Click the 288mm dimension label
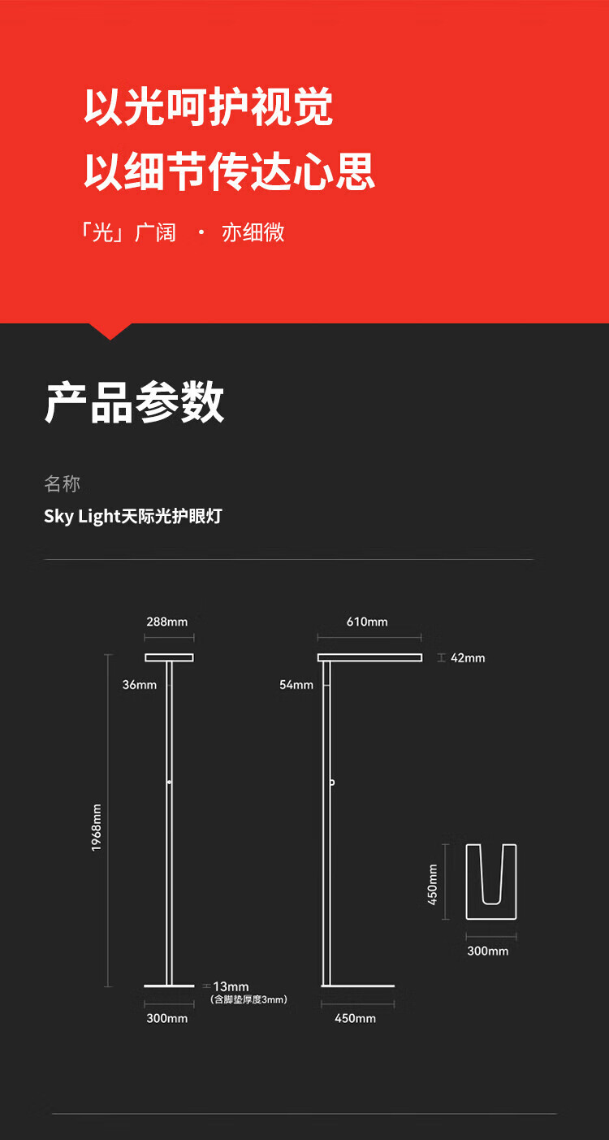[x=167, y=622]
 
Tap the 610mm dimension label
[x=367, y=622]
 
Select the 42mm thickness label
[x=468, y=658]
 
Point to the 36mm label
[x=140, y=685]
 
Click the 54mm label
[x=296, y=685]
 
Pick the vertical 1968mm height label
[x=97, y=827]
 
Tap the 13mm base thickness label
[x=231, y=987]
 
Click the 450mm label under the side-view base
[x=355, y=1018]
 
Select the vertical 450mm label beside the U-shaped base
[x=433, y=884]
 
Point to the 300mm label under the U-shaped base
[x=488, y=951]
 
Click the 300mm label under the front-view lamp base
[x=167, y=1018]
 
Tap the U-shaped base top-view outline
[x=491, y=882]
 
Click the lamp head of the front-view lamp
[x=169, y=657]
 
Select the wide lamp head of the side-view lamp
[x=369, y=657]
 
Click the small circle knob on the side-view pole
[x=332, y=782]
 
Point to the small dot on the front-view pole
[x=169, y=782]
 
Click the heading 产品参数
[x=134, y=402]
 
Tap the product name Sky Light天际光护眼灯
[x=132, y=517]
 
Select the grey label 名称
[x=62, y=485]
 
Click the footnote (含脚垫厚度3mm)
[x=248, y=1000]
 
